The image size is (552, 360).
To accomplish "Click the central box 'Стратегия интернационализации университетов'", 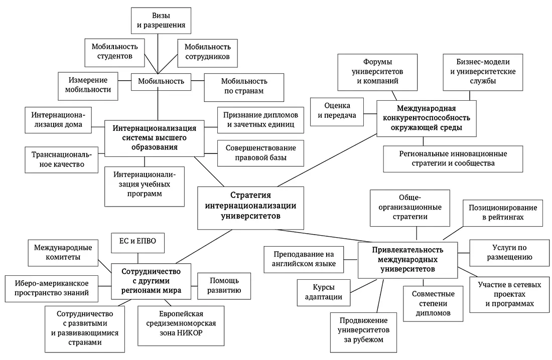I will pyautogui.click(x=251, y=206).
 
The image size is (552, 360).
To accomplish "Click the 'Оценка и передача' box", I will pyautogui.click(x=337, y=111).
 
